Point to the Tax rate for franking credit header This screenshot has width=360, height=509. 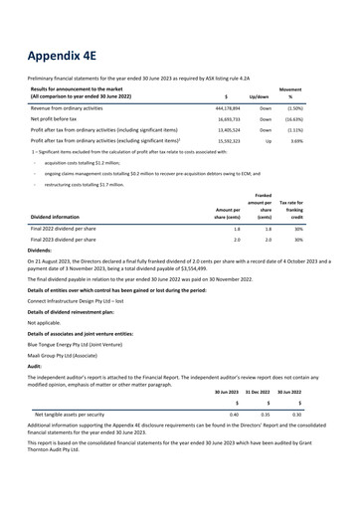coord(317,231)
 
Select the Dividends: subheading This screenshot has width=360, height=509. coord(44,280)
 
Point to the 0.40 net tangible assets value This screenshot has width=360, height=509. coord(233,440)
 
